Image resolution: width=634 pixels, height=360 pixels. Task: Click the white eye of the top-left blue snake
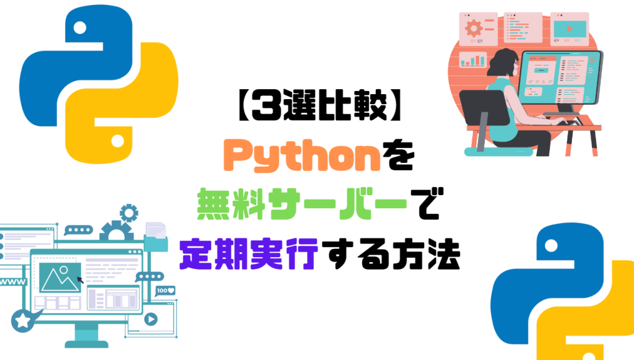(80, 27)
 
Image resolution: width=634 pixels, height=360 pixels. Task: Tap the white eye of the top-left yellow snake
(118, 141)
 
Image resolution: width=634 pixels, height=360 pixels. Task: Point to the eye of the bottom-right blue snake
(551, 245)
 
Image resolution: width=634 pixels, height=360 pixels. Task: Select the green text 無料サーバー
(302, 204)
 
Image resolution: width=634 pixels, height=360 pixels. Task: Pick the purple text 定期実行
(249, 254)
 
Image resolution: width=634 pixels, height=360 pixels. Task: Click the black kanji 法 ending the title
(444, 254)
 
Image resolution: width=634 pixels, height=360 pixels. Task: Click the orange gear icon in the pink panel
(474, 29)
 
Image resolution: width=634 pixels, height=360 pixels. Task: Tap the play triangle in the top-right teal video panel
(570, 29)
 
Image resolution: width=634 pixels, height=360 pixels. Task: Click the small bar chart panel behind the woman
(472, 59)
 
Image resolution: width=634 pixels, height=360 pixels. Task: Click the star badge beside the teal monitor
(23, 321)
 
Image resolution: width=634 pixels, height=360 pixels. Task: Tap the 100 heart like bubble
(165, 291)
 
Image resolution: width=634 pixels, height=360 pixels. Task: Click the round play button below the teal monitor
(151, 319)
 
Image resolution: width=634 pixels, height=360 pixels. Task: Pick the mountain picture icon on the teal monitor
(60, 278)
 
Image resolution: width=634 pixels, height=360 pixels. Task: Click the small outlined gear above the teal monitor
(129, 213)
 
